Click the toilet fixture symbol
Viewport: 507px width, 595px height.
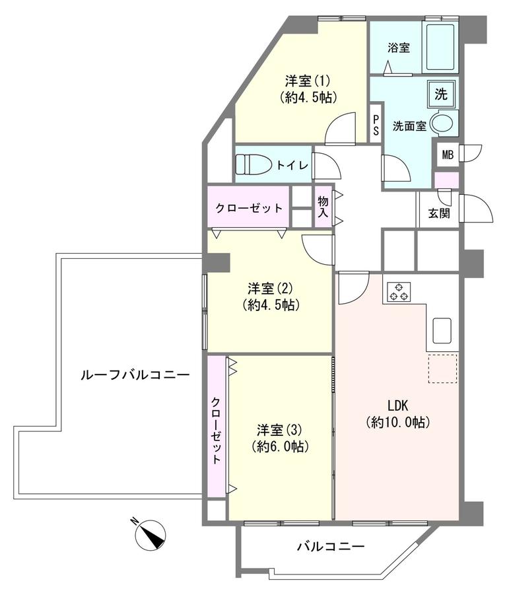[253, 165]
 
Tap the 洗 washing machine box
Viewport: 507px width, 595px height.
[440, 94]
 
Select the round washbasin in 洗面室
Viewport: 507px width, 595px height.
[443, 123]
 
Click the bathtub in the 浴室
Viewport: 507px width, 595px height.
[440, 48]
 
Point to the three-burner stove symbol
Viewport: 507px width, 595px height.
[399, 292]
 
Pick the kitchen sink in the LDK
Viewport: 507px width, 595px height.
[442, 330]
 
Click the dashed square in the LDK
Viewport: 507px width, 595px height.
[442, 369]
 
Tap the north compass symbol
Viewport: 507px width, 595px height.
[150, 534]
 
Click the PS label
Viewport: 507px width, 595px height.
[376, 125]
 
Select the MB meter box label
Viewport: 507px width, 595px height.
[448, 155]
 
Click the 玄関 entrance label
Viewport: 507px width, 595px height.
[439, 213]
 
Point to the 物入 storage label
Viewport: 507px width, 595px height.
[323, 207]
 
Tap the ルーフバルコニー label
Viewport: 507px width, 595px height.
[135, 375]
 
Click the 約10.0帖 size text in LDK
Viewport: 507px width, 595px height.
[398, 422]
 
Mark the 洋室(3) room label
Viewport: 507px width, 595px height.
[279, 431]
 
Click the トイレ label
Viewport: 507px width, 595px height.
[292, 165]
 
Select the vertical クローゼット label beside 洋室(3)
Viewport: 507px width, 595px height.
[216, 431]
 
